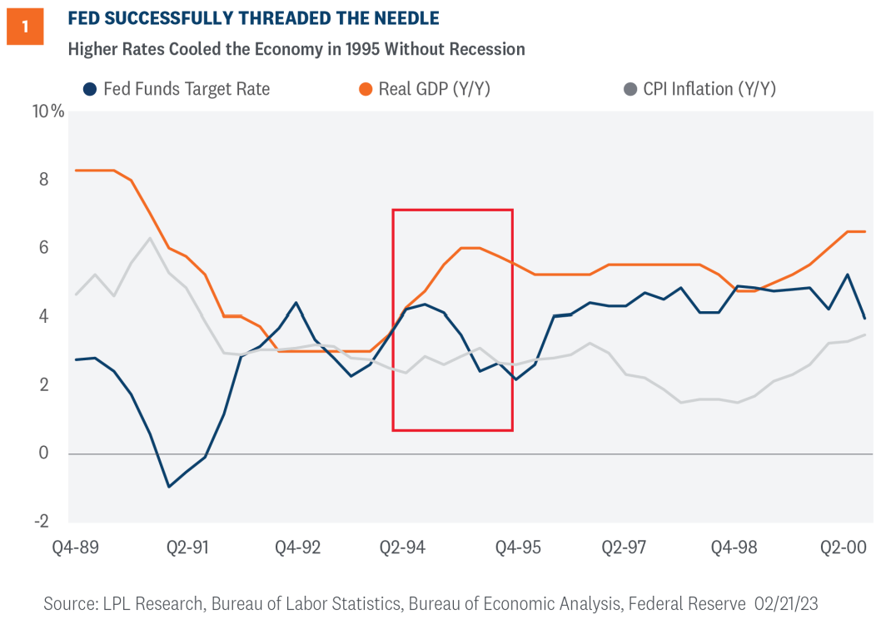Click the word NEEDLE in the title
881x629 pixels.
398,17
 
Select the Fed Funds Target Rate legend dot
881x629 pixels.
88,89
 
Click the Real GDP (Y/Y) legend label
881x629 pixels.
434,89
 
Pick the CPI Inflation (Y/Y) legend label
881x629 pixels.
709,89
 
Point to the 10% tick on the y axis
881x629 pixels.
47,111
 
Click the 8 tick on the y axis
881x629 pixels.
43,180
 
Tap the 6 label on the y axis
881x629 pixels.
43,248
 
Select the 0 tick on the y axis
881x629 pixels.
43,453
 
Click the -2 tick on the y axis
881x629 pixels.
40,522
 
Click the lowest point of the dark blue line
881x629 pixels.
169,487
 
